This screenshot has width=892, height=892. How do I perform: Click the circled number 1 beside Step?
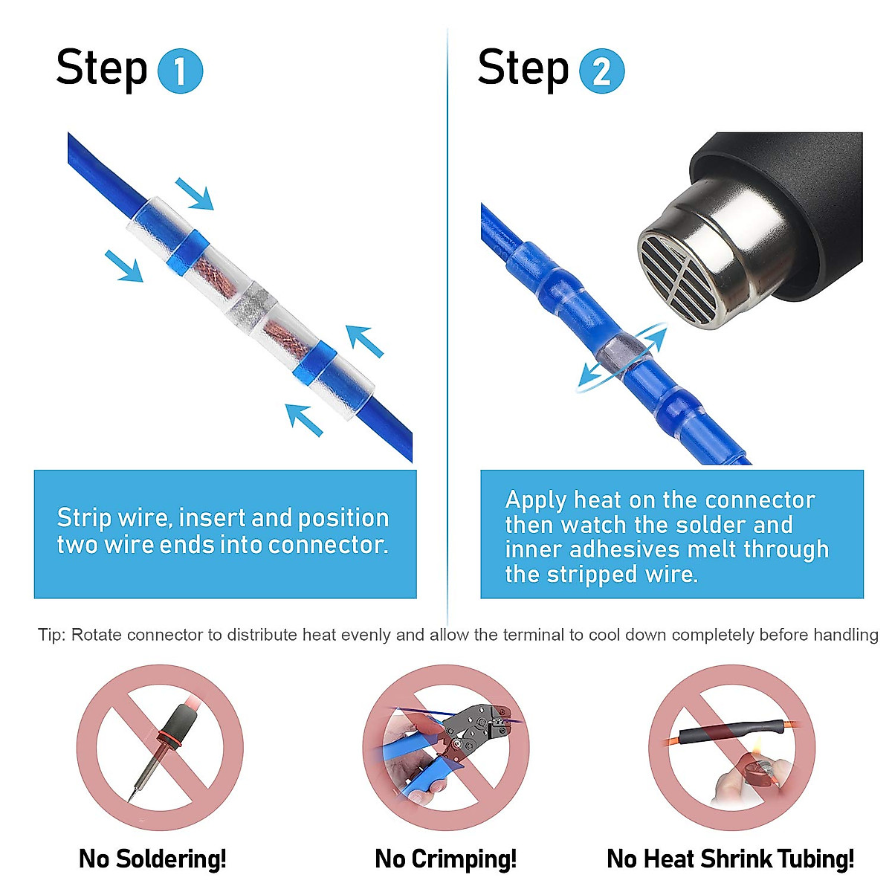pyautogui.click(x=180, y=71)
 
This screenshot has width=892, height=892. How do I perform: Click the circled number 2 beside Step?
pyautogui.click(x=601, y=71)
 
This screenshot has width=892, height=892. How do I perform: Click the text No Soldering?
pyautogui.click(x=152, y=859)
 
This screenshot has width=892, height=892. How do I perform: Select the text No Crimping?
pyautogui.click(x=445, y=859)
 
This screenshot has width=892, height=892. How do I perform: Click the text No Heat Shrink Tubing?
pyautogui.click(x=731, y=859)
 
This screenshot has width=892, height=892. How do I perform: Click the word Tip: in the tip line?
pyautogui.click(x=51, y=635)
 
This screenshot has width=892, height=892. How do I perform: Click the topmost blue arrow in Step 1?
pyautogui.click(x=194, y=193)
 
